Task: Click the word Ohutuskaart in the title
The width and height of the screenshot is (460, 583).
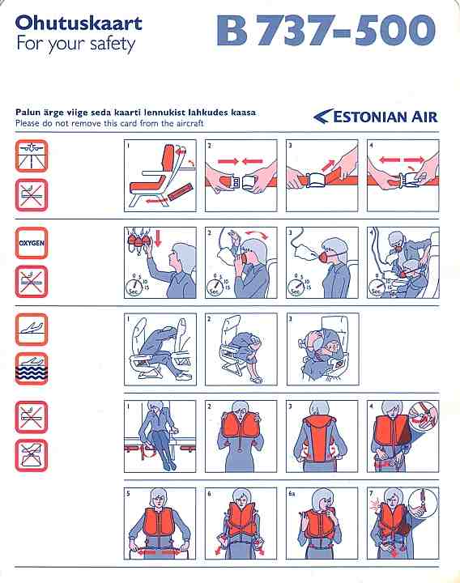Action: (x=79, y=23)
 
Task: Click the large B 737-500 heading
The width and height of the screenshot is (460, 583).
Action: (x=326, y=30)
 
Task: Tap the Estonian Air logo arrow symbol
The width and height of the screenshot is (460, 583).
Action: (x=322, y=117)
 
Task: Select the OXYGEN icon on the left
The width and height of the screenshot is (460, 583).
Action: (x=32, y=243)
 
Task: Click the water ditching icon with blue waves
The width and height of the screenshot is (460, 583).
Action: (x=32, y=368)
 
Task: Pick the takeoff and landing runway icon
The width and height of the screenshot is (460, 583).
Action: (x=32, y=155)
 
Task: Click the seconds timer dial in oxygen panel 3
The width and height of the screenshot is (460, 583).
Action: (x=295, y=287)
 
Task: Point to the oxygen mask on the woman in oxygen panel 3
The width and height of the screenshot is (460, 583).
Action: (x=324, y=257)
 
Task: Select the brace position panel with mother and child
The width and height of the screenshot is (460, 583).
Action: (x=322, y=349)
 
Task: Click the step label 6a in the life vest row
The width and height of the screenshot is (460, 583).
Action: (x=292, y=494)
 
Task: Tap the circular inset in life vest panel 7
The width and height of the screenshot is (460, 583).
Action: (x=424, y=501)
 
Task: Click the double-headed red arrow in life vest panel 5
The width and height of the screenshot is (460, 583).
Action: (x=160, y=552)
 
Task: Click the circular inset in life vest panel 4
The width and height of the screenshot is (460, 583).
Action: (x=424, y=415)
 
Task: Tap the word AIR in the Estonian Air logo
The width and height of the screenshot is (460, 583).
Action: (x=424, y=117)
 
